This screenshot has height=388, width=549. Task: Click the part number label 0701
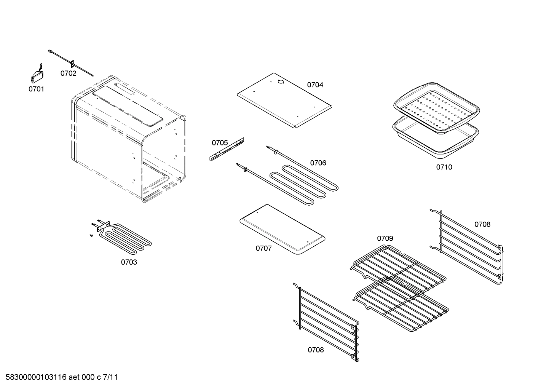point(36,89)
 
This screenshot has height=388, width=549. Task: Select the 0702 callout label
point(68,73)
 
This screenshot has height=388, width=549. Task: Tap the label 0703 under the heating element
point(129,262)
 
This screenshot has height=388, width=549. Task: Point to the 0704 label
point(315,85)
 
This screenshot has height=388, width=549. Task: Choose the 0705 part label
point(220,143)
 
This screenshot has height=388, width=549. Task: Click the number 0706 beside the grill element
point(318,163)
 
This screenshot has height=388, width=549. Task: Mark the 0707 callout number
point(263,249)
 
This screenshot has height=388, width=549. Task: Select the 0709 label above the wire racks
point(385,238)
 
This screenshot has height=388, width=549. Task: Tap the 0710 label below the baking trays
point(444,167)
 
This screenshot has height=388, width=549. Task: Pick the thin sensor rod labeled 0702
point(71,63)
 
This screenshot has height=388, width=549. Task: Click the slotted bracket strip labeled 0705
point(227,149)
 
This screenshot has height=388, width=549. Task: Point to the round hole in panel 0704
point(281,81)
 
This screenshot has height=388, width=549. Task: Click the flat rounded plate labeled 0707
point(282,229)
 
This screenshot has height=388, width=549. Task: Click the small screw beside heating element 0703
point(91,236)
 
